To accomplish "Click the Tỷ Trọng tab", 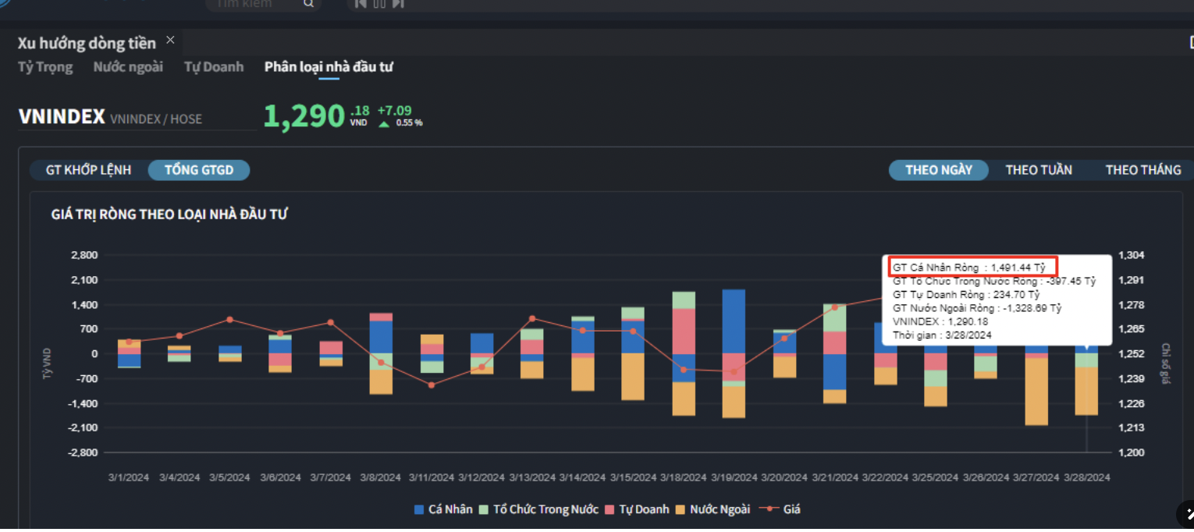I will tap(45, 67).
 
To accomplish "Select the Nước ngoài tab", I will tap(128, 67).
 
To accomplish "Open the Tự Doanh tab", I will tap(214, 67).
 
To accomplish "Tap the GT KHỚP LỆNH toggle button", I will tap(88, 170).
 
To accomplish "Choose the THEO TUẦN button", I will tap(1038, 170).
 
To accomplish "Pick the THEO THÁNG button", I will tap(1142, 170).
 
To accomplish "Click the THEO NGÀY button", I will tap(938, 170).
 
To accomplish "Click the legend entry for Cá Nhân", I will tap(443, 509).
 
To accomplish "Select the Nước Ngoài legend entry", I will tap(712, 509).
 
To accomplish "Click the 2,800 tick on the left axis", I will tap(84, 255).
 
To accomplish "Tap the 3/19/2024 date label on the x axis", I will tap(734, 477).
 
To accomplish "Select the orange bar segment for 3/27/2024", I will tap(1036, 392).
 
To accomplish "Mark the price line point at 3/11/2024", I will tap(432, 385).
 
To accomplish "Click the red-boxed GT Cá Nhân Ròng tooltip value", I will tap(972, 268).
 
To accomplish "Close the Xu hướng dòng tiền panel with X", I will tap(170, 41).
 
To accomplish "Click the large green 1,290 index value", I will tap(304, 116).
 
